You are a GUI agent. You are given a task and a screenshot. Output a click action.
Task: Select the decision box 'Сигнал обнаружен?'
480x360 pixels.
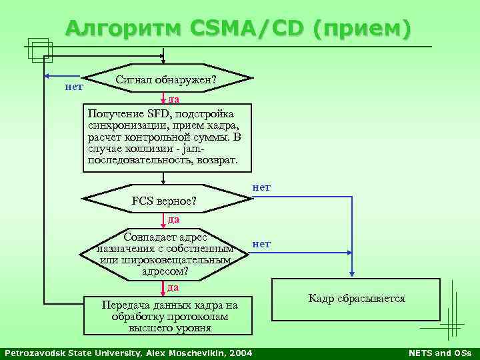click(x=167, y=81)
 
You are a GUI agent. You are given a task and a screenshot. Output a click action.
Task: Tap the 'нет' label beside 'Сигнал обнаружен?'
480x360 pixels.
click(x=73, y=86)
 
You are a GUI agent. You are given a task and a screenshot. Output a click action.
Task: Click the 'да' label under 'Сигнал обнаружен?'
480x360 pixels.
click(x=173, y=99)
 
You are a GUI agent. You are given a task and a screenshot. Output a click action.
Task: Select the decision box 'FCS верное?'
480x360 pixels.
click(x=167, y=200)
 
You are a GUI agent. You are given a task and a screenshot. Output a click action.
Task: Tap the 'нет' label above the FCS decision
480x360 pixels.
click(x=261, y=187)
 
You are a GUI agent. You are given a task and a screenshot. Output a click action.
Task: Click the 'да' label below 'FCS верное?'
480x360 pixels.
click(x=173, y=219)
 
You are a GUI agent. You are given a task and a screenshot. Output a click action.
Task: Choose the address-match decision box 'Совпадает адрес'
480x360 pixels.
click(x=167, y=254)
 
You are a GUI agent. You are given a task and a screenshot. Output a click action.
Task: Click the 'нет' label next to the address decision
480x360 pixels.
click(x=261, y=244)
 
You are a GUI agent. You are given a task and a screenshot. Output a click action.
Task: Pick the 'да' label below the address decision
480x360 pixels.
click(x=173, y=287)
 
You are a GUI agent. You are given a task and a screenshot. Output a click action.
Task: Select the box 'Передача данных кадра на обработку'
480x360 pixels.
click(x=168, y=315)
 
